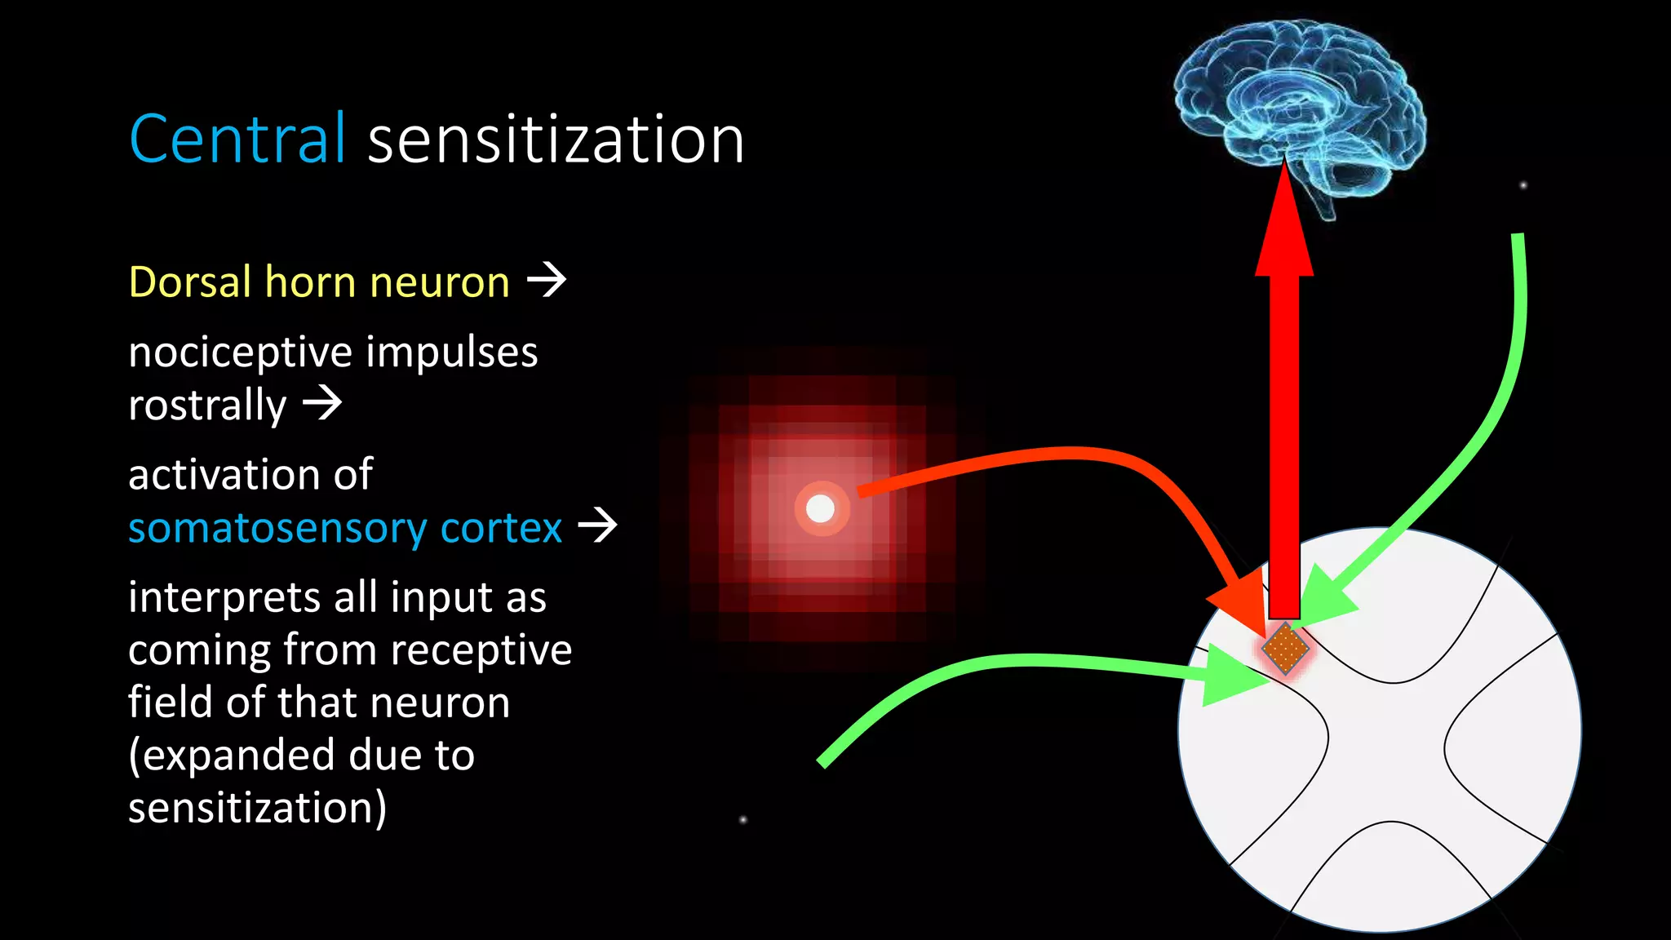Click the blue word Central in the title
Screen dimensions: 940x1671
237,140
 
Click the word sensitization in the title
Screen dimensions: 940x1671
556,140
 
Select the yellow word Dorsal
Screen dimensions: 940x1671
190,282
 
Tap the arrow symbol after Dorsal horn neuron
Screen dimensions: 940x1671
547,280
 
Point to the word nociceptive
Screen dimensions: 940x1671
241,352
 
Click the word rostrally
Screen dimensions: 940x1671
207,406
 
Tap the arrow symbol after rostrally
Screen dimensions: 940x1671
322,402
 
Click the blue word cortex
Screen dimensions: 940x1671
501,528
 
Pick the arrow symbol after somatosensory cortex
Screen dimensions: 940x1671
597,525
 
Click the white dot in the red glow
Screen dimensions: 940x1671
820,509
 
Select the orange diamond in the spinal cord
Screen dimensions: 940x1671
1285,649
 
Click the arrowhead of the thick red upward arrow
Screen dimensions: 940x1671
1284,228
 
